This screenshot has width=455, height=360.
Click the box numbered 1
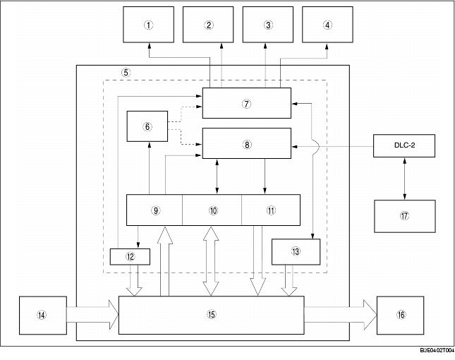149,25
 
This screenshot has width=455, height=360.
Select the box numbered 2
208,25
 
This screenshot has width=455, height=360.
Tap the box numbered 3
267,25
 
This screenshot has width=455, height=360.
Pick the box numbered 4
327,25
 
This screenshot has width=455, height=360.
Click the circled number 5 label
126,73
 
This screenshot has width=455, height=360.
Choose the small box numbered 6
147,127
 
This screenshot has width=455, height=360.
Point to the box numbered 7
246,103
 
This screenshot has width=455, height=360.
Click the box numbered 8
246,144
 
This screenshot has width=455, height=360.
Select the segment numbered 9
154,210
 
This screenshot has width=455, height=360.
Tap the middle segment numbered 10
212,210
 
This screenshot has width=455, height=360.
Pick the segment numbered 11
271,210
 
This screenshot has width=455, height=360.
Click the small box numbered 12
131,256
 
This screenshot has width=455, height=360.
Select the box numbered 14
42,315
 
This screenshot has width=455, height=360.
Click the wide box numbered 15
211,315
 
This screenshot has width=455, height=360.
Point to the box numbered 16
401,315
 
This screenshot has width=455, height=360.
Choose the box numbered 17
404,216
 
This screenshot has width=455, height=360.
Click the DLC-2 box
404,146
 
